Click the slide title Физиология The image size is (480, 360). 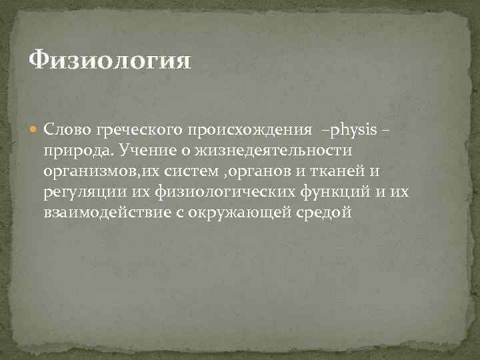click(110, 62)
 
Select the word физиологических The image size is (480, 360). click(212, 194)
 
